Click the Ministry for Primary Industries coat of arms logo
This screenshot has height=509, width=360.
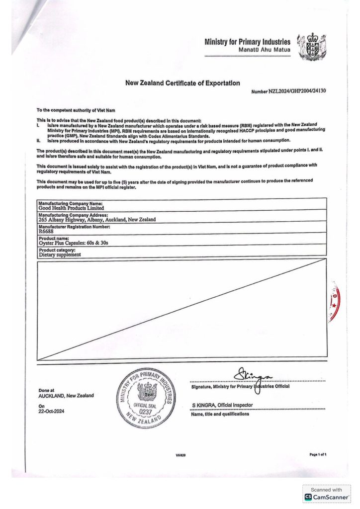click(x=311, y=47)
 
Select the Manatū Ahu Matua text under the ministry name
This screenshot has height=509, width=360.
click(x=265, y=51)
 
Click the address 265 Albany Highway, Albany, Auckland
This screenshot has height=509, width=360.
click(x=97, y=219)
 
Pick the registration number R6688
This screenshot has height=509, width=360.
click(x=45, y=231)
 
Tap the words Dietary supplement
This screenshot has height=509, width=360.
click(x=60, y=254)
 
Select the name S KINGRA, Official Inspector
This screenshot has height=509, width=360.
click(x=222, y=405)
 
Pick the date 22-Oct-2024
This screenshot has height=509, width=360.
click(x=51, y=411)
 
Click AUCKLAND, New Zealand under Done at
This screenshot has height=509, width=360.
click(x=66, y=396)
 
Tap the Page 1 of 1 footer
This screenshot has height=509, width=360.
click(x=318, y=454)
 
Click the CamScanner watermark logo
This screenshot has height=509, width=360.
click(x=327, y=497)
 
